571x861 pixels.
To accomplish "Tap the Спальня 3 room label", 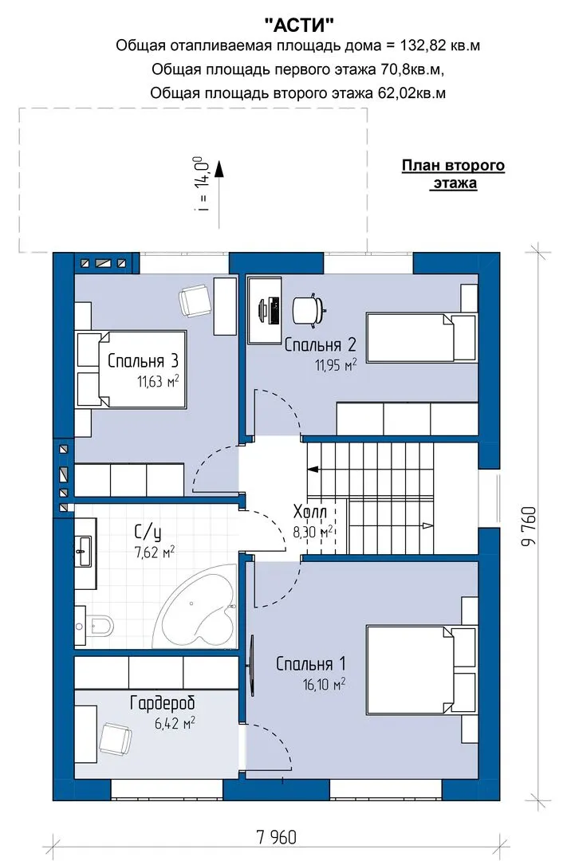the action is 143,361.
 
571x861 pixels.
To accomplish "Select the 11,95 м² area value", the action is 336,364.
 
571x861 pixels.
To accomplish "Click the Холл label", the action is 310,513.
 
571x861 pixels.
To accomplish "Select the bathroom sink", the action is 85,551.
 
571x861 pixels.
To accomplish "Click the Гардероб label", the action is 163,703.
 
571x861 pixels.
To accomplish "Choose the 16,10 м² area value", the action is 324,684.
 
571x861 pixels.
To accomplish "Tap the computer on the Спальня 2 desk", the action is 269,309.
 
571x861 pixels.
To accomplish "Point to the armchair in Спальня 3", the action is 195,301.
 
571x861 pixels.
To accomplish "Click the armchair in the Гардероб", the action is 116,737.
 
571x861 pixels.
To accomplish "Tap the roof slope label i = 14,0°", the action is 203,184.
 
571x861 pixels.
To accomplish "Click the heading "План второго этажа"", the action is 453,174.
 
